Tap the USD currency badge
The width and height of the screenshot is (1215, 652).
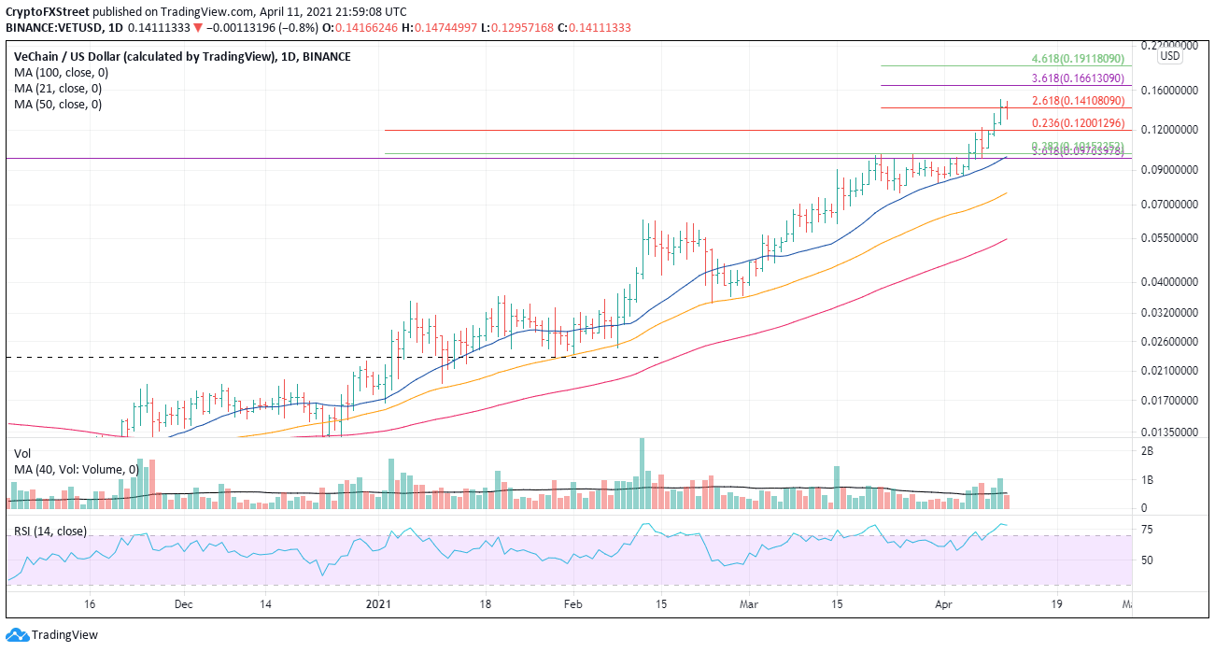point(1169,56)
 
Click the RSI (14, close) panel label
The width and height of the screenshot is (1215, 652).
point(50,531)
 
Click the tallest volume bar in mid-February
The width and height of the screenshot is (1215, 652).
point(642,473)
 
